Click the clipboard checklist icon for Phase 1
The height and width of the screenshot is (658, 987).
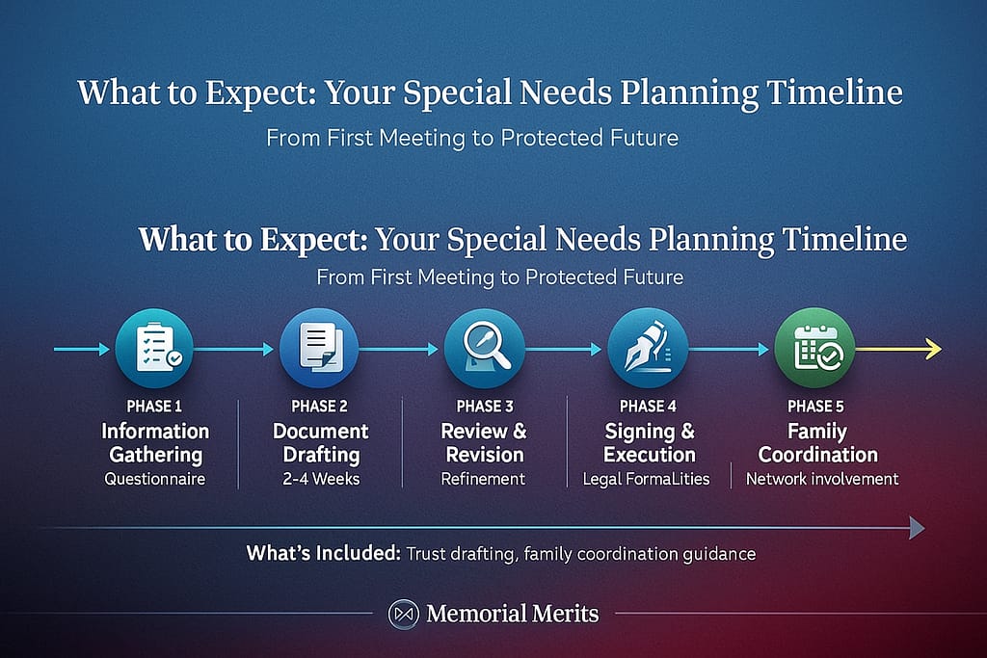tap(154, 348)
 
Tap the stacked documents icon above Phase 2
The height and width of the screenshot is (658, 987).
tap(318, 348)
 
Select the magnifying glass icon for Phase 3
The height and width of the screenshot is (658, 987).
tap(484, 348)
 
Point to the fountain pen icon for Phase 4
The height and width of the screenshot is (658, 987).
tap(648, 348)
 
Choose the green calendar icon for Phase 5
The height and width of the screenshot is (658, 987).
tap(814, 348)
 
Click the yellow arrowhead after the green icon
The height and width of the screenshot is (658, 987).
tap(933, 349)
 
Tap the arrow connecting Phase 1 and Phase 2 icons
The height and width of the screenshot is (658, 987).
tap(234, 350)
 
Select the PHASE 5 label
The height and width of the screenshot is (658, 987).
tap(817, 406)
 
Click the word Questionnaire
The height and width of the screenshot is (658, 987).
tap(155, 479)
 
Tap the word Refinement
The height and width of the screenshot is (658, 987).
tap(483, 479)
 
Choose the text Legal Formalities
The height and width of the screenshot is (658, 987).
tap(647, 479)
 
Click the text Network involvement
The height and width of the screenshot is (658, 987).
tap(822, 479)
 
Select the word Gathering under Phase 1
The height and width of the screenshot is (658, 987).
tap(155, 455)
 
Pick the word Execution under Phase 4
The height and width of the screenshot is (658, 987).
tap(649, 455)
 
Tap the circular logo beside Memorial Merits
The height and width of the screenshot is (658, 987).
tap(402, 614)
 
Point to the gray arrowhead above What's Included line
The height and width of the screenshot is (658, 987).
tap(917, 527)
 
